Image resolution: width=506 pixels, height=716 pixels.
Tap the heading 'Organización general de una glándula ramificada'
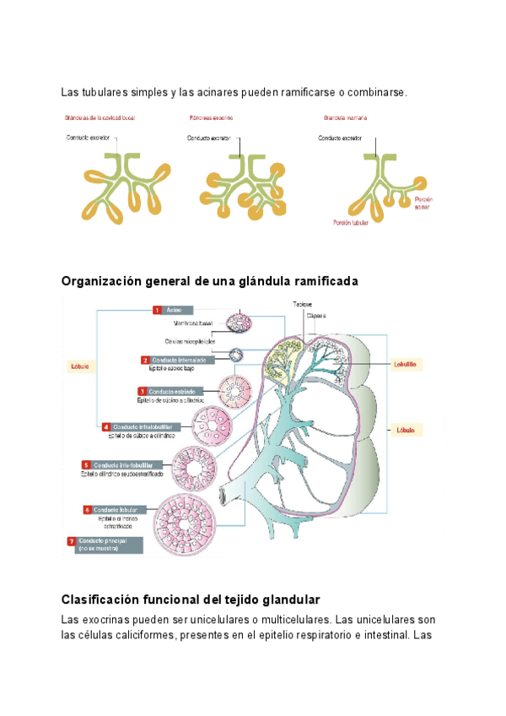click(x=210, y=281)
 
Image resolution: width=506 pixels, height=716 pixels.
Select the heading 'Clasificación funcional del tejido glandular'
click(x=191, y=599)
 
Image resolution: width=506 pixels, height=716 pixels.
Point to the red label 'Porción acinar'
click(x=422, y=202)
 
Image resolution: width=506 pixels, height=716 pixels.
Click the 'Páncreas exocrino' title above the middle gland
click(x=211, y=118)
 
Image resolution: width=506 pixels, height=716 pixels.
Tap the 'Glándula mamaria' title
click(x=345, y=118)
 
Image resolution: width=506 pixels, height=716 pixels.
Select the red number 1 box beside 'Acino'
click(x=157, y=311)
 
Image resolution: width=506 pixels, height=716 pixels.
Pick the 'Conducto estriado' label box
click(x=172, y=392)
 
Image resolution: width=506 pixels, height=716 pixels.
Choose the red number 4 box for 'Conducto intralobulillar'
click(x=105, y=427)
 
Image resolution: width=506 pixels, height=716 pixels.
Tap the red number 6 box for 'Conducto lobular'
click(x=88, y=510)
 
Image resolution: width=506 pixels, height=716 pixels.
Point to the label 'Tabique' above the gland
click(x=303, y=304)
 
